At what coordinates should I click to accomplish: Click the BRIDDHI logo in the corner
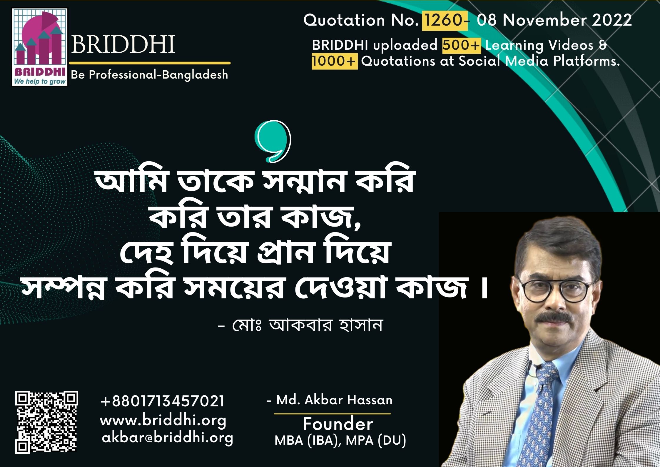(40, 47)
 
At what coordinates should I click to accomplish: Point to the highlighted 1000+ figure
(335, 61)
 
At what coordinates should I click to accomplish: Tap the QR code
(47, 422)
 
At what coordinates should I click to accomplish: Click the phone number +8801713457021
(163, 401)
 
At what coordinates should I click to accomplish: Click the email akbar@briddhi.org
(167, 438)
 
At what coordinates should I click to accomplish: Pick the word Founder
(338, 424)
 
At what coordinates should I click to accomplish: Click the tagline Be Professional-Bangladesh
(149, 75)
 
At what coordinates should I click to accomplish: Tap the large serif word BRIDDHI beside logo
(123, 44)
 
